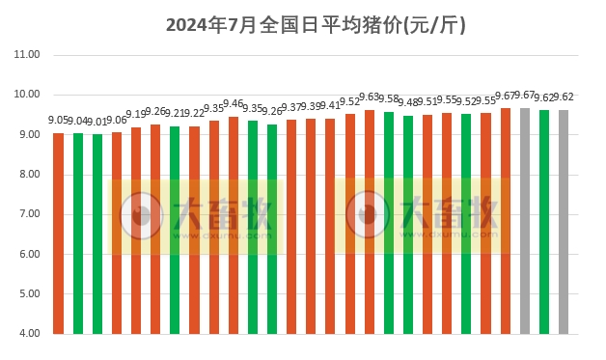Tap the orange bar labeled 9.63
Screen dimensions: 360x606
point(370,222)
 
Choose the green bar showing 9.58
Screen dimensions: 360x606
point(389,223)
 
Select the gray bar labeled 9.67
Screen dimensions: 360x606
point(525,221)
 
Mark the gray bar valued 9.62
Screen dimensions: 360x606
point(564,222)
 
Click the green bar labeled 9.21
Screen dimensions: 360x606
point(175,231)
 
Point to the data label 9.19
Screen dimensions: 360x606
point(136,115)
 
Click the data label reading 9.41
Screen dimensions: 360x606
point(330,106)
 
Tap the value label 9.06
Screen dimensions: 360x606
point(117,121)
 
